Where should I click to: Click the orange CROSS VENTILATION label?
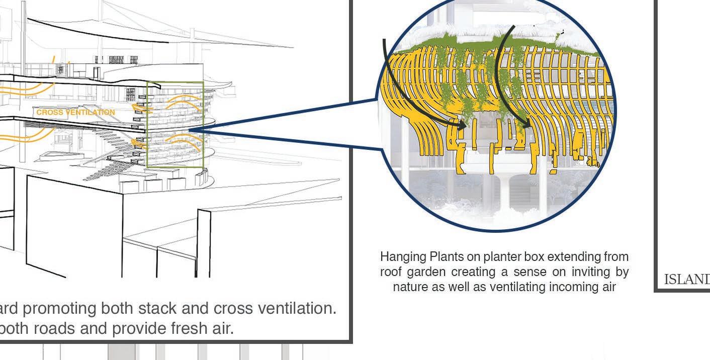coord(75,112)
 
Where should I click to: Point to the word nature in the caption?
coord(408,287)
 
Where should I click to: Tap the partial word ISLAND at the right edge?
coord(686,280)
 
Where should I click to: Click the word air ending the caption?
coord(608,287)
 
